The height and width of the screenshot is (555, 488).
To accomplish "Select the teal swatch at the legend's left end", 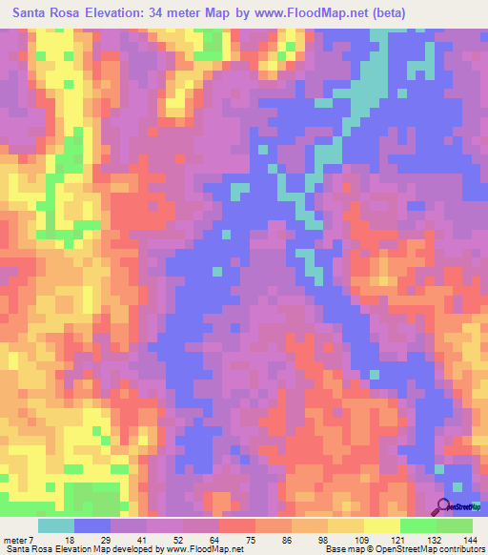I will pyautogui.click(x=56, y=524).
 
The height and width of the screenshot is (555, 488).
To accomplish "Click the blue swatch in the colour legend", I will pyautogui.click(x=92, y=524).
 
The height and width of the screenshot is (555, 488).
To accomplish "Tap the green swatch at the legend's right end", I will pyautogui.click(x=455, y=524).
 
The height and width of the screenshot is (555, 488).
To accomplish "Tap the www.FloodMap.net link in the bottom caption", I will pyautogui.click(x=190, y=549).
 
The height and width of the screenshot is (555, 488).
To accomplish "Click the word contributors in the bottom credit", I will pyautogui.click(x=456, y=549).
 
